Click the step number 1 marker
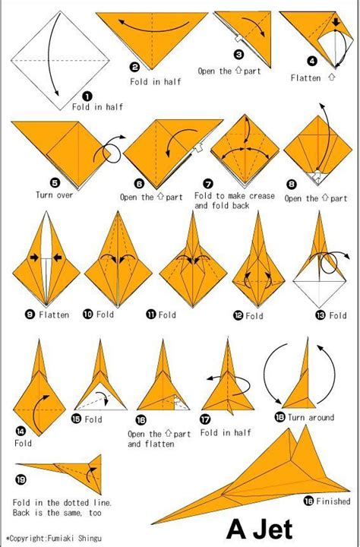point(87,96)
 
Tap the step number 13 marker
point(321,315)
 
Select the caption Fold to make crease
point(234,196)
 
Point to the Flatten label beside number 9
point(53,314)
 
